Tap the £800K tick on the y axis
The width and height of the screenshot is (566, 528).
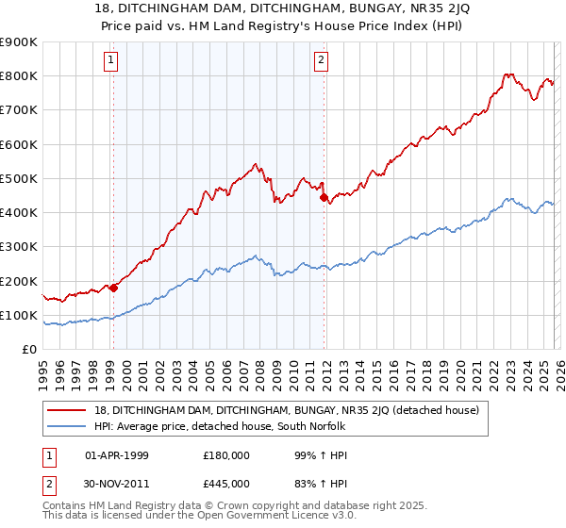point(18,76)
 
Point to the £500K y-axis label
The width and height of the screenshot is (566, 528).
point(18,178)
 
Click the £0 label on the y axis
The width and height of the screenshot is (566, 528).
point(28,349)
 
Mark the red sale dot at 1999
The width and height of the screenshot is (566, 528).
point(113,288)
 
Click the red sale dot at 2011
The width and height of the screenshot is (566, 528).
point(324,198)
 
